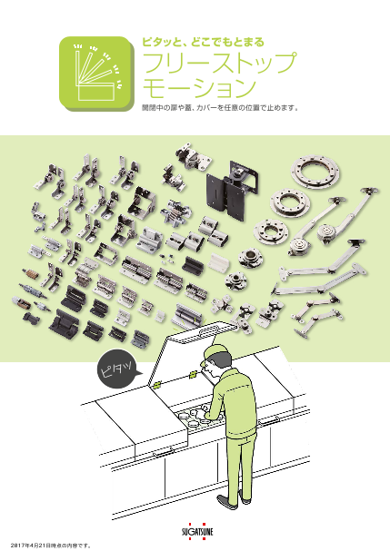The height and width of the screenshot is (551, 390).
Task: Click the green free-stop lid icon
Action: [96, 74]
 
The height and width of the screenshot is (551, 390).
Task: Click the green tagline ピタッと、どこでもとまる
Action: [203, 42]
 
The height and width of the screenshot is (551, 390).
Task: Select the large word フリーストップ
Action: [219, 63]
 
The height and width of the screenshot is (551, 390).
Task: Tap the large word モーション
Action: [199, 88]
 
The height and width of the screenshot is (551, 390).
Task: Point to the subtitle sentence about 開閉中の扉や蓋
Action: [220, 108]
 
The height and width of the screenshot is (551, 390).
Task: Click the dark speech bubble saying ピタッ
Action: [118, 369]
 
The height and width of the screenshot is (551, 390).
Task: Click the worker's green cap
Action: [213, 353]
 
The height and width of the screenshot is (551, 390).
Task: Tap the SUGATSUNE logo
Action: [197, 531]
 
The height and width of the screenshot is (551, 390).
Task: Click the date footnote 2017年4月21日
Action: [51, 546]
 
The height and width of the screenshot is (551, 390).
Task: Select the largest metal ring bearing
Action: [315, 172]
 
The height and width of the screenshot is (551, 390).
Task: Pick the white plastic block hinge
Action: [218, 261]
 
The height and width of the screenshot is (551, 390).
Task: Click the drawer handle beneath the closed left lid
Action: [164, 453]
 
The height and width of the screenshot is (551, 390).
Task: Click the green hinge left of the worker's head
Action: [193, 375]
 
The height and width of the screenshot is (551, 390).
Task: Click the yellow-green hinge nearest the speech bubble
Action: [156, 385]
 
